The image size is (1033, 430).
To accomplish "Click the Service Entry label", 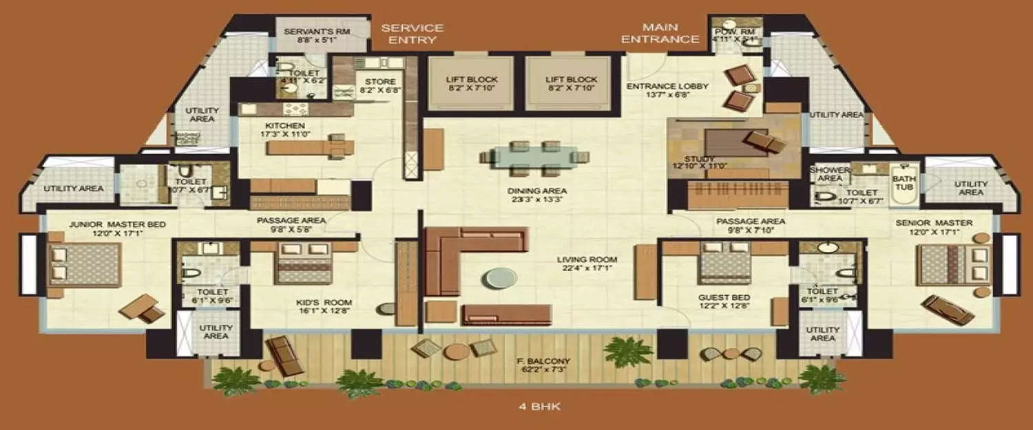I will (x=412, y=34).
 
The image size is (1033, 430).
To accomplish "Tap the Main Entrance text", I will (x=660, y=33).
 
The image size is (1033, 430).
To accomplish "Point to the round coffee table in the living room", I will (x=499, y=277).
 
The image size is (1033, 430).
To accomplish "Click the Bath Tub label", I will (x=904, y=182).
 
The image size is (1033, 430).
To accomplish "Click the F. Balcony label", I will (x=541, y=361).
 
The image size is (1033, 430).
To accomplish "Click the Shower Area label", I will (x=829, y=174).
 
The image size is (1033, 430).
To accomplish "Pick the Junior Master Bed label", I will (x=107, y=224).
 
